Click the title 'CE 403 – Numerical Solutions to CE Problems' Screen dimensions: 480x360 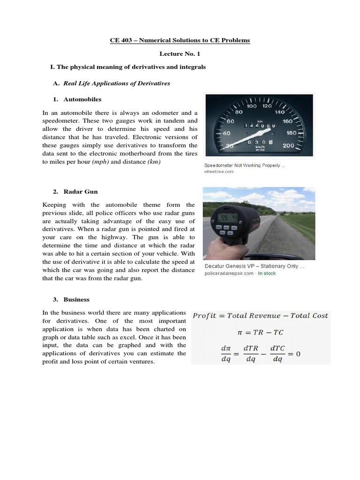[180, 40]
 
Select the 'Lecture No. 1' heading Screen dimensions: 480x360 [180, 54]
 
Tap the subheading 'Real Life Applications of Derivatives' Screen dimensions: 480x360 [117, 83]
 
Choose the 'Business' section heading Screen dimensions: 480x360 [76, 300]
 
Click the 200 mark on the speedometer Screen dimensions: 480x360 [288, 145]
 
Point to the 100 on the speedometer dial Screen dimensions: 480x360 [252, 106]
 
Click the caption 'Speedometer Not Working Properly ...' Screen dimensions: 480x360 [244, 165]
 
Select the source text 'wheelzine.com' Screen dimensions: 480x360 [218, 172]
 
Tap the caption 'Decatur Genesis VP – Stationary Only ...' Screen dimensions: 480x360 [255, 266]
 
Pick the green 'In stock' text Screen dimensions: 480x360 [267, 273]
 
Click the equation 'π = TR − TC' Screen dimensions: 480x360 [261, 332]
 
